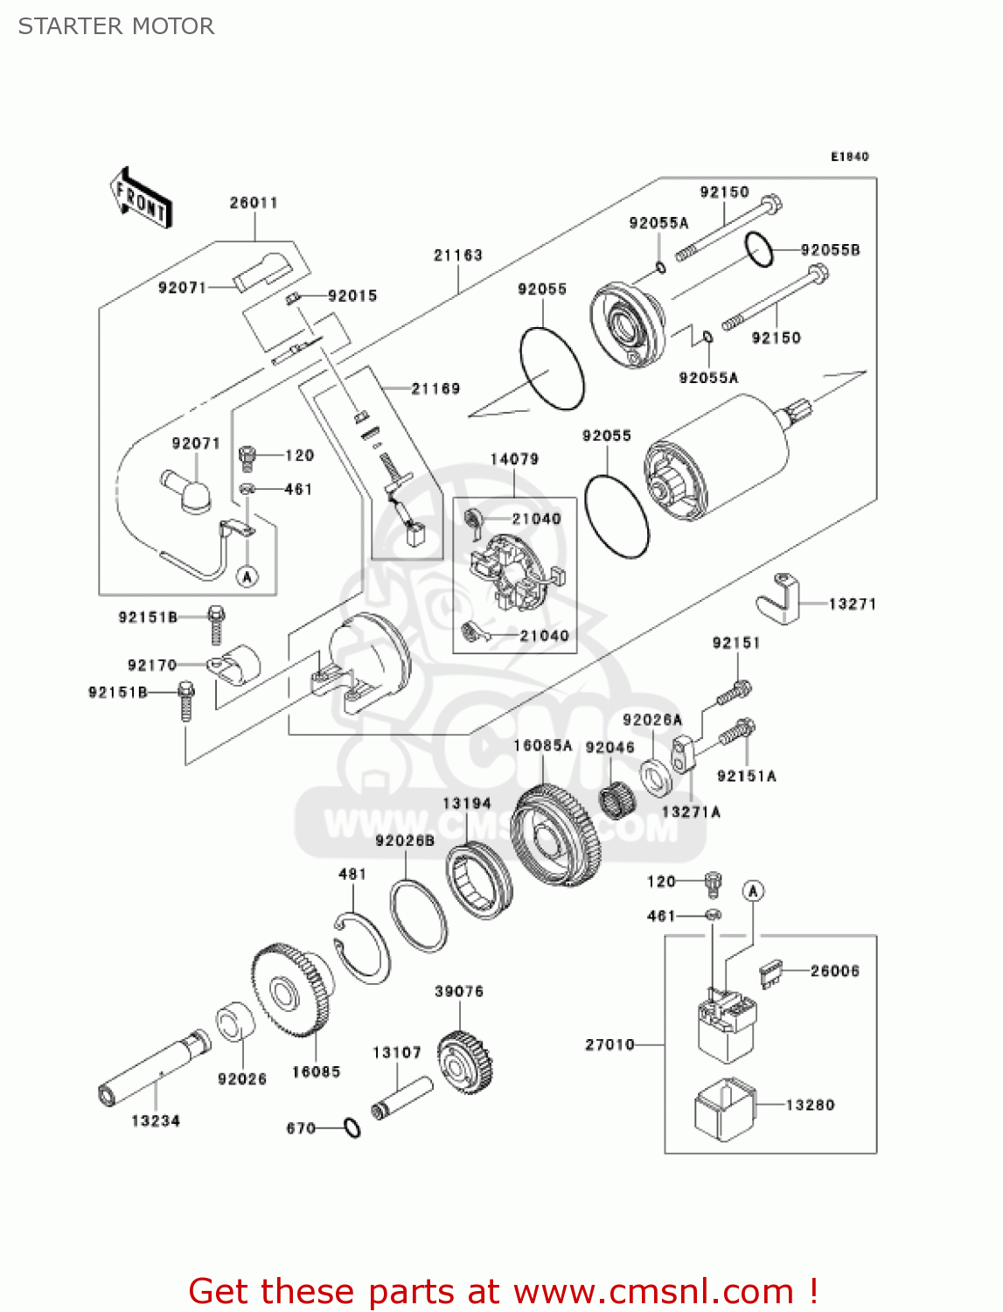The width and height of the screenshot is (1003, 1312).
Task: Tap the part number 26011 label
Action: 254,203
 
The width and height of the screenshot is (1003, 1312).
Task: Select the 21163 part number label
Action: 457,255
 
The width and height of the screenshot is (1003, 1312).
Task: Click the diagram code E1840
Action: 849,157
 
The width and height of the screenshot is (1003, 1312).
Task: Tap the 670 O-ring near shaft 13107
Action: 352,1128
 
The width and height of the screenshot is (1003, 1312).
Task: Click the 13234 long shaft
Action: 154,1067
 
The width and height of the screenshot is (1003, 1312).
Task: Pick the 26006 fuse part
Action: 771,973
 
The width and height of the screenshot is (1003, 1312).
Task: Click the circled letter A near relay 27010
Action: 753,891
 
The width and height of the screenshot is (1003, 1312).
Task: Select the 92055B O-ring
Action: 760,251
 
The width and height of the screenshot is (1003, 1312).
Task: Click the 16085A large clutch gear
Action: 556,835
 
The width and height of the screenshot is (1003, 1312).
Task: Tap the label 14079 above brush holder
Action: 514,459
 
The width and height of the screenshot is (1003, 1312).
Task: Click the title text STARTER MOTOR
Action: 116,26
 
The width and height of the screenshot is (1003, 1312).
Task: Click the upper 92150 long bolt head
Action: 770,206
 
